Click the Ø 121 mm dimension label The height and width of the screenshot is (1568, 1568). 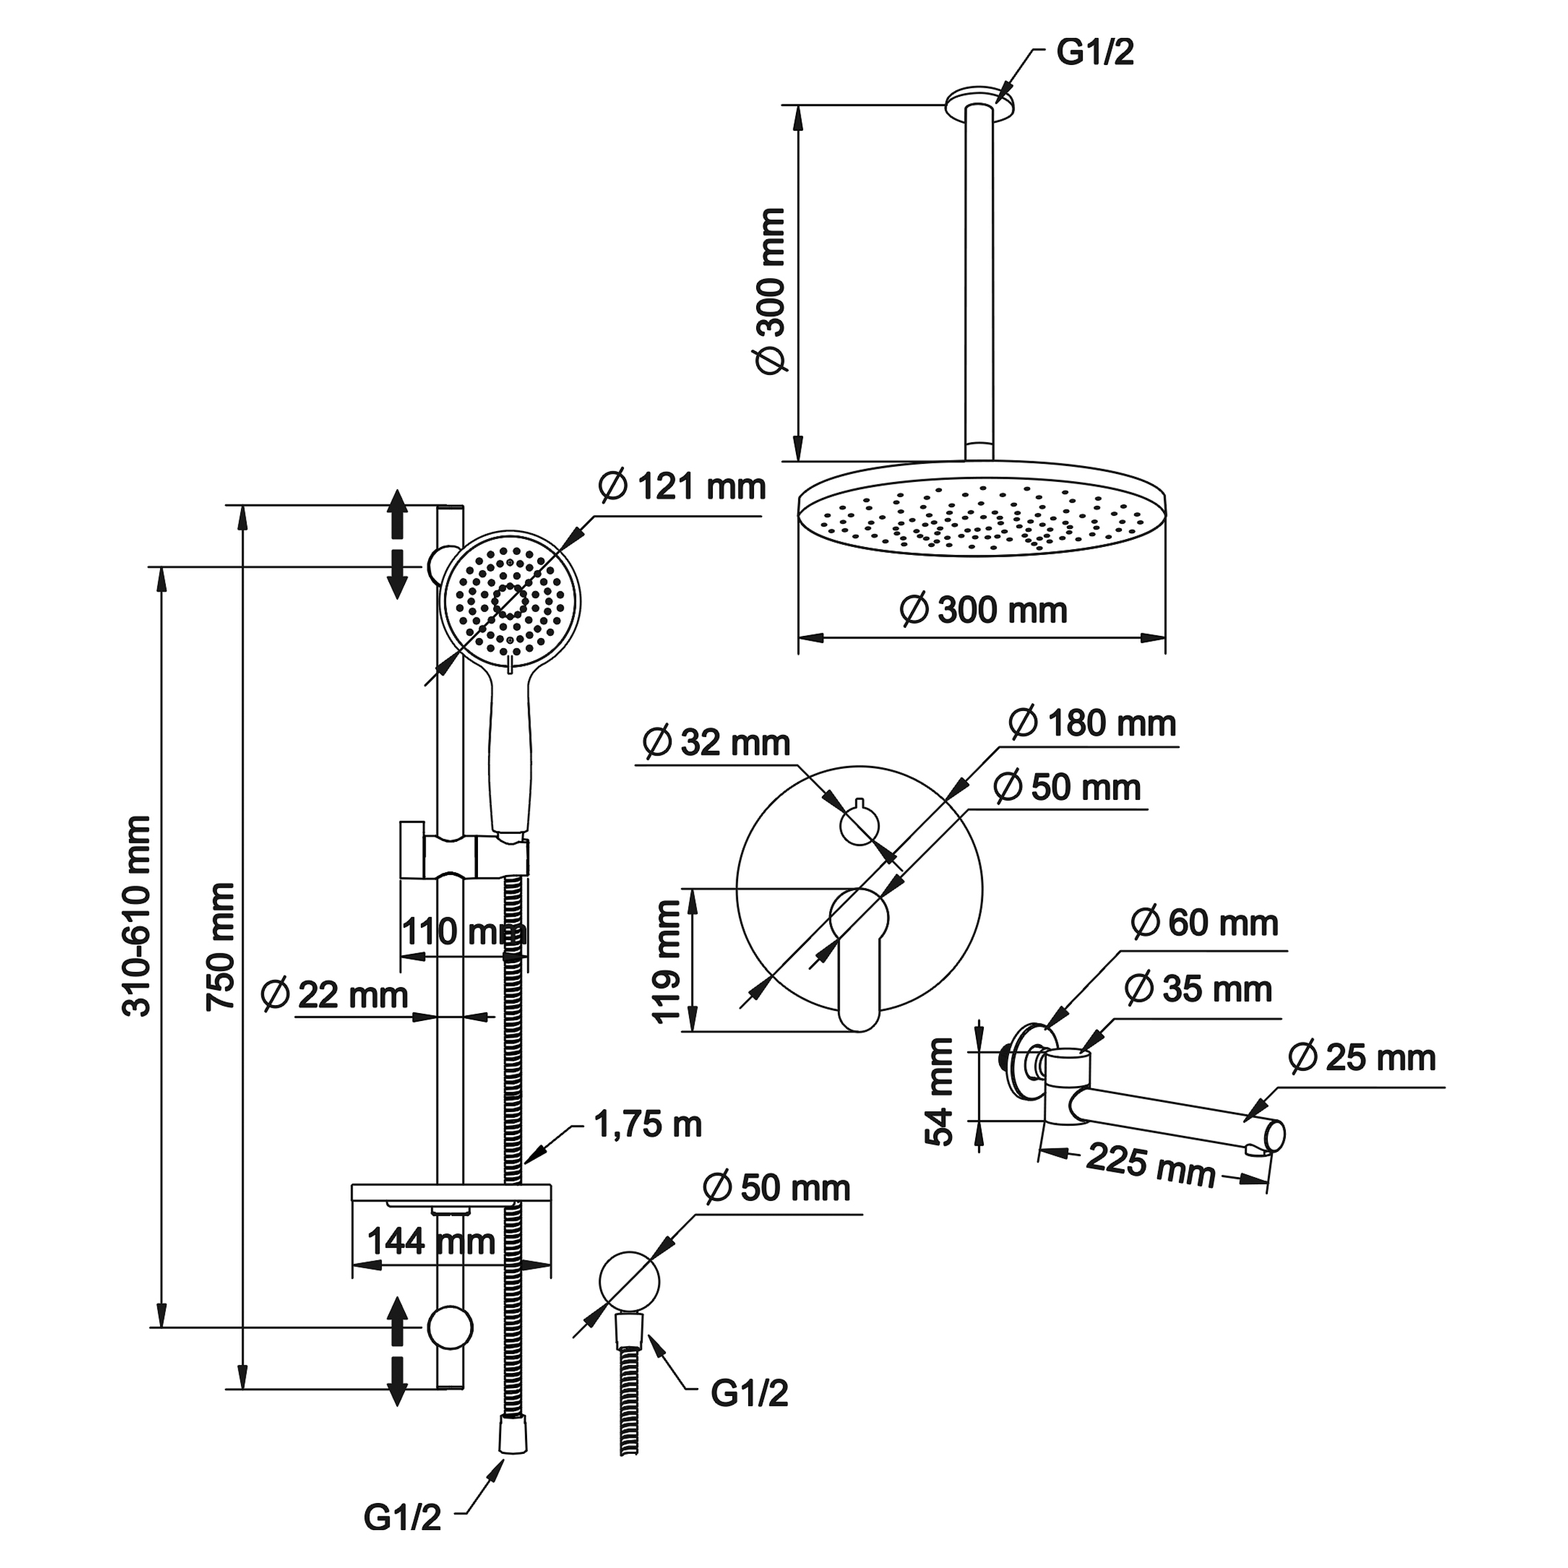[682, 488]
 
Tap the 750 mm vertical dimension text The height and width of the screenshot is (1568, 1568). [222, 947]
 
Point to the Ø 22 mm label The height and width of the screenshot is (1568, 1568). [335, 996]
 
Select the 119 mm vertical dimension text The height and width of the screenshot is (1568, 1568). [667, 962]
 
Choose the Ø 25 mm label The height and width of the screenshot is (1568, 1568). [1362, 1058]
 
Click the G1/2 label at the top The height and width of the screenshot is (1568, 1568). [1095, 52]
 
